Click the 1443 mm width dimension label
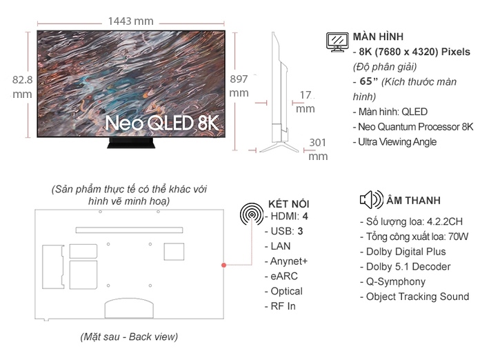[131, 21]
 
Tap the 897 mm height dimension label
[239, 86]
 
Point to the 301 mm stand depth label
[318, 150]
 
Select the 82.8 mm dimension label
[22, 87]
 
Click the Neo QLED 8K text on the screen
[162, 123]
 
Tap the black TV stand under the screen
[131, 143]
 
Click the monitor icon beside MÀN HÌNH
[337, 42]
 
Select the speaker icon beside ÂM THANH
[371, 199]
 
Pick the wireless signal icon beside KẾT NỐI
[252, 214]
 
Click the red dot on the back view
[223, 265]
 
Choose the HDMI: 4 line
[286, 217]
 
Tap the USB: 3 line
[283, 232]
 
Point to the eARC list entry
[281, 277]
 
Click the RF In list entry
[281, 306]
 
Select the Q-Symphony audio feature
[392, 282]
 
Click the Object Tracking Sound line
[414, 297]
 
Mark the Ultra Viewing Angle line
[395, 142]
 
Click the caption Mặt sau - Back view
[129, 337]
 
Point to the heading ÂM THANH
[413, 200]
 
